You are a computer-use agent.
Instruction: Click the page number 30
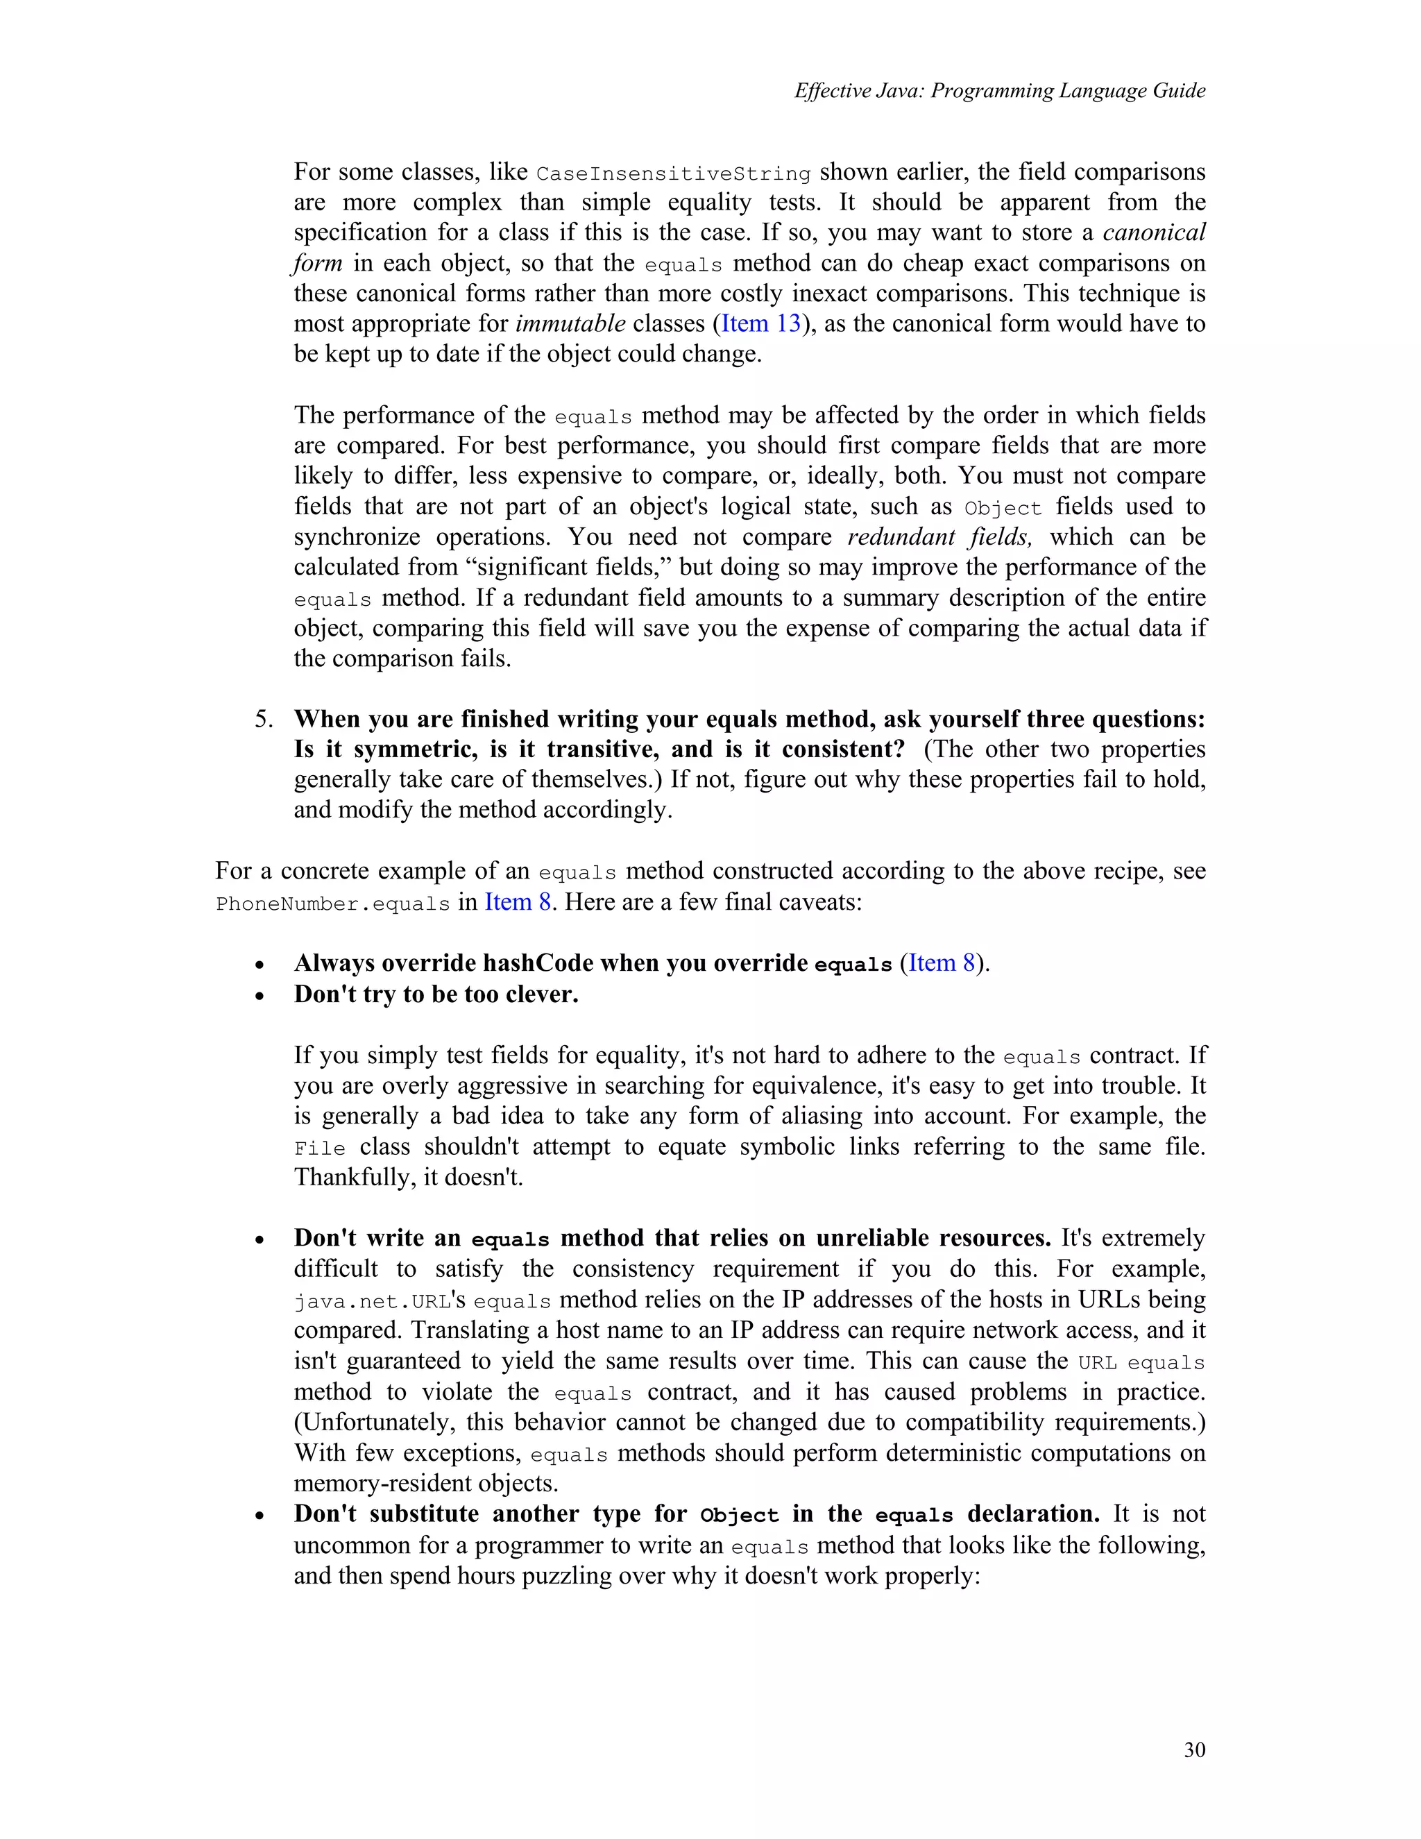coord(1193,1749)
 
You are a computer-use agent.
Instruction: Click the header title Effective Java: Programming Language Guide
coord(999,91)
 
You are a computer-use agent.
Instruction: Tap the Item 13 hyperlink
coord(761,323)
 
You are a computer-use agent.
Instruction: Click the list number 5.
coord(264,719)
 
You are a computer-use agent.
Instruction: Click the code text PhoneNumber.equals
coord(332,904)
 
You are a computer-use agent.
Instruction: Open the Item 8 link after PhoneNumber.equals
coord(518,902)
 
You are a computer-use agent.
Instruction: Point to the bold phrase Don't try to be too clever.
coord(436,994)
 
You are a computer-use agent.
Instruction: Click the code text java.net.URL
coord(372,1302)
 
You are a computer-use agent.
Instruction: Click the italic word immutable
coord(570,323)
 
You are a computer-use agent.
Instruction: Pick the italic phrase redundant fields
coord(939,536)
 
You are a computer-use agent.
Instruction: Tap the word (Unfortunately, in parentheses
coord(375,1422)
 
